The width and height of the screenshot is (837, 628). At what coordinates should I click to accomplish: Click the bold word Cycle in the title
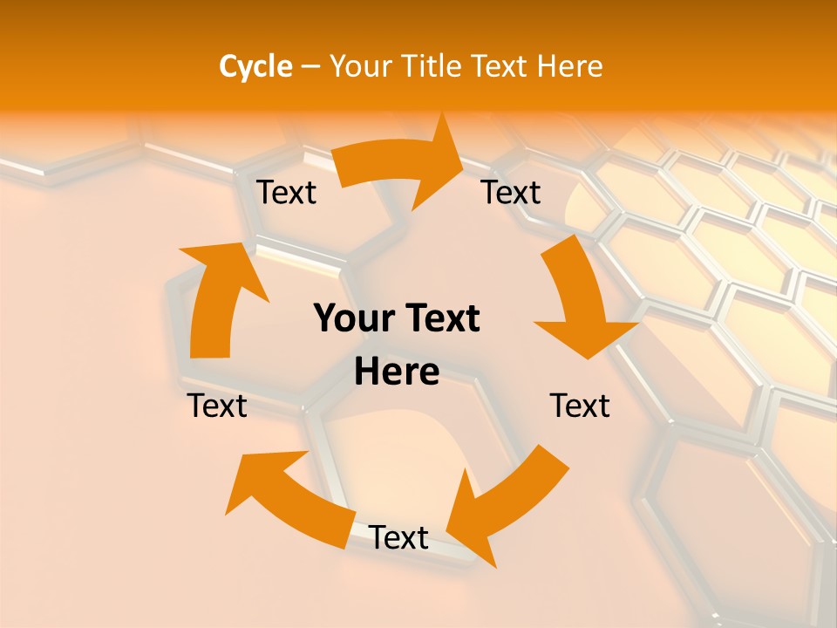(255, 66)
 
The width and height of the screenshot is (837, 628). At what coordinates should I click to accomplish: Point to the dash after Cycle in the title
(310, 67)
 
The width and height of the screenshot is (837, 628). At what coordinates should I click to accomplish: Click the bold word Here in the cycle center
(397, 372)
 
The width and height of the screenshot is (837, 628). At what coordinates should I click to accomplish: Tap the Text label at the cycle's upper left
(286, 192)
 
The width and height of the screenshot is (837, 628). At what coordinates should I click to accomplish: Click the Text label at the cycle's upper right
(511, 192)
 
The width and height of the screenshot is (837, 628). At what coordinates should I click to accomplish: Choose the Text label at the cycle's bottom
(398, 538)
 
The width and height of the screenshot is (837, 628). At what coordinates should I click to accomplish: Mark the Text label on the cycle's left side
(217, 406)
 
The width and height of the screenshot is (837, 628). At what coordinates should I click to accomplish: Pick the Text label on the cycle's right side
(580, 406)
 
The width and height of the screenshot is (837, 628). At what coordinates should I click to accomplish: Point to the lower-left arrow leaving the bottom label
(288, 497)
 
